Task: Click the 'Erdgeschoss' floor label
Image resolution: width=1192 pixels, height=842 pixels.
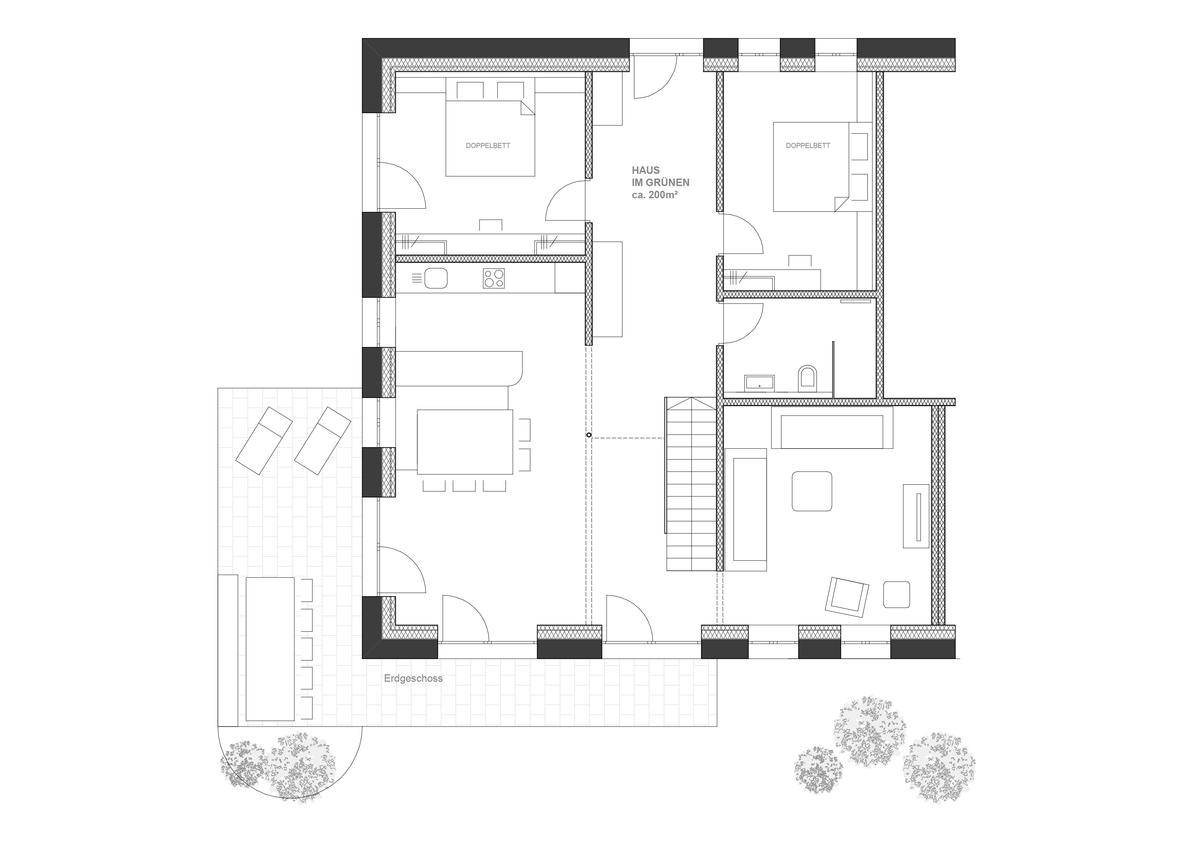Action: (x=413, y=679)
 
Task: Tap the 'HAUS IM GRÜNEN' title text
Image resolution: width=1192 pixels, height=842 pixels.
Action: (x=660, y=177)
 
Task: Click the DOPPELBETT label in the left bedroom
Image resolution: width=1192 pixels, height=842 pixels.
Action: (x=488, y=146)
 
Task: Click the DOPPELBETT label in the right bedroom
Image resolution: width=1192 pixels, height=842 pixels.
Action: (x=808, y=146)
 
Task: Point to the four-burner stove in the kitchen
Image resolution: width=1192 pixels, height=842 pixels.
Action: (x=494, y=278)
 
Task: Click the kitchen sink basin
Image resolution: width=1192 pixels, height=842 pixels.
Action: (x=436, y=278)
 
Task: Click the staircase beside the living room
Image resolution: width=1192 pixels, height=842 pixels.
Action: (x=691, y=484)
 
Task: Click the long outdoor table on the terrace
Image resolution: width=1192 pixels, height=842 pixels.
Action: (x=270, y=649)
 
